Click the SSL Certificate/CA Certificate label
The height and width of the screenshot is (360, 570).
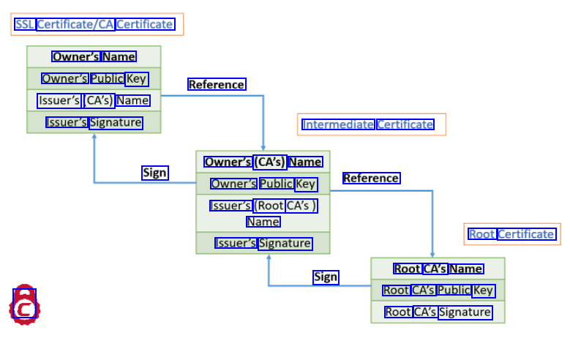[x=94, y=24]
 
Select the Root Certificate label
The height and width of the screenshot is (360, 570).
[x=511, y=234]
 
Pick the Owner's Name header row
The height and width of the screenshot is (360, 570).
[x=94, y=56]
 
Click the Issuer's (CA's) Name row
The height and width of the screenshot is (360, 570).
[x=94, y=100]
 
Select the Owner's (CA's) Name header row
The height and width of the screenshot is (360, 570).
[x=263, y=162]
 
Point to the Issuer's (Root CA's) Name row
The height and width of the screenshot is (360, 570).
[x=263, y=214]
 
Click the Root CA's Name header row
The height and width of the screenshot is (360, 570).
[x=438, y=269]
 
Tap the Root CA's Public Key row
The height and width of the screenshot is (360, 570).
[x=438, y=290]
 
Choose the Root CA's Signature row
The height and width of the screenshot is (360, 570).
[x=438, y=312]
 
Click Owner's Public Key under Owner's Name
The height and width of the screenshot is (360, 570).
[x=94, y=78]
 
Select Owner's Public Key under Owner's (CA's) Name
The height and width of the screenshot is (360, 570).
[x=263, y=184]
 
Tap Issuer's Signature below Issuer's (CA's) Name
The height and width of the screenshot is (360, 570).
[x=94, y=122]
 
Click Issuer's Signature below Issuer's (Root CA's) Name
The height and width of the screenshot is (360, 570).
[x=263, y=243]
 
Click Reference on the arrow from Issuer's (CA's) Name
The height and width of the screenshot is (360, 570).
[x=217, y=84]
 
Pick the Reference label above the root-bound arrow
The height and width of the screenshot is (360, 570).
[x=371, y=178]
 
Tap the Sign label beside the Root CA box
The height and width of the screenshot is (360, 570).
[x=326, y=277]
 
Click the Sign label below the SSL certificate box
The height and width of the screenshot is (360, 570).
[x=155, y=173]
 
